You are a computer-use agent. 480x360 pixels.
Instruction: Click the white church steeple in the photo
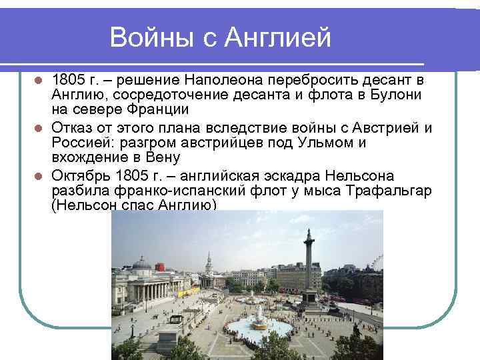click(x=209, y=261)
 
